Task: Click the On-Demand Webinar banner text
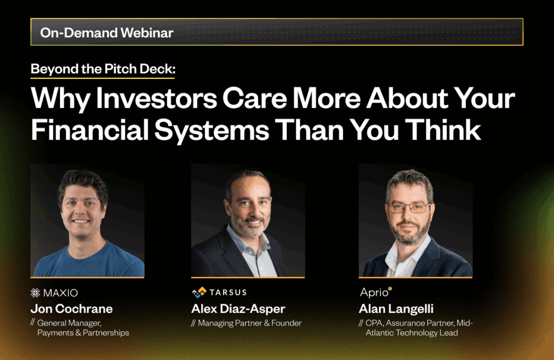click(107, 32)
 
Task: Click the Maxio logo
click(54, 293)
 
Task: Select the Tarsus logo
click(219, 292)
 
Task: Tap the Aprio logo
click(376, 292)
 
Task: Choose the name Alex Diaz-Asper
click(238, 309)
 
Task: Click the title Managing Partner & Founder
click(249, 323)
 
